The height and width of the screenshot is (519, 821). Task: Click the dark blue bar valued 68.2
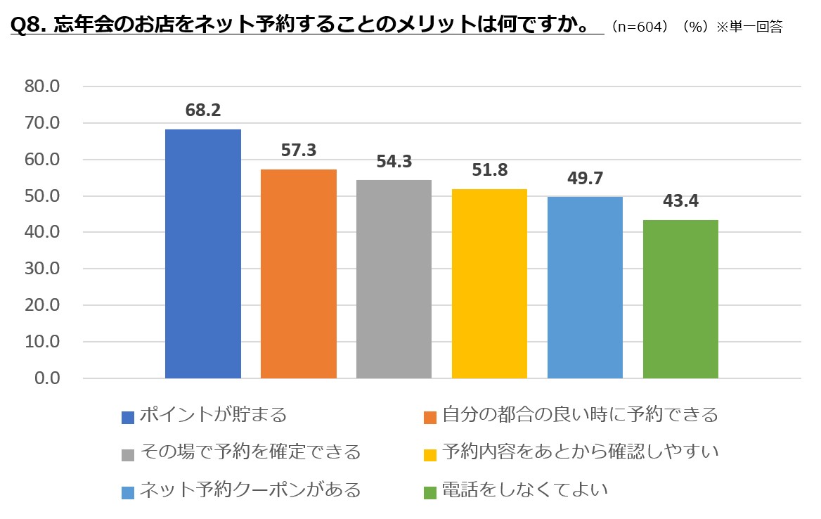coord(202,254)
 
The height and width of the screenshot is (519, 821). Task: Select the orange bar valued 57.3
coord(298,274)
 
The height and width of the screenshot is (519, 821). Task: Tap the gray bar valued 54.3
coord(394,279)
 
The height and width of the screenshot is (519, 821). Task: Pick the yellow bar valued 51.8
coord(489,283)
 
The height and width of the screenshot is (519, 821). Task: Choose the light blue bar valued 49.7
coord(585,288)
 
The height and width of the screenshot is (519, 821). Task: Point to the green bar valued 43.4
coord(680,299)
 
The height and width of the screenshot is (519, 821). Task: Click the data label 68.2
coord(202,111)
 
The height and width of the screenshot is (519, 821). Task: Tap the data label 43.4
coord(680,202)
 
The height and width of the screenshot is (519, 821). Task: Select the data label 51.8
coord(489,171)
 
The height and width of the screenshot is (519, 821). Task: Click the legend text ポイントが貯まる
coord(213,415)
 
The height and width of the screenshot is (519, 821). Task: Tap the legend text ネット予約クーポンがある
coord(250,489)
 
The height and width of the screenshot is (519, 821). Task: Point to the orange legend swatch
coord(431,416)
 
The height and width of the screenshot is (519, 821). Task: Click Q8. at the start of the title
coord(30,26)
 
